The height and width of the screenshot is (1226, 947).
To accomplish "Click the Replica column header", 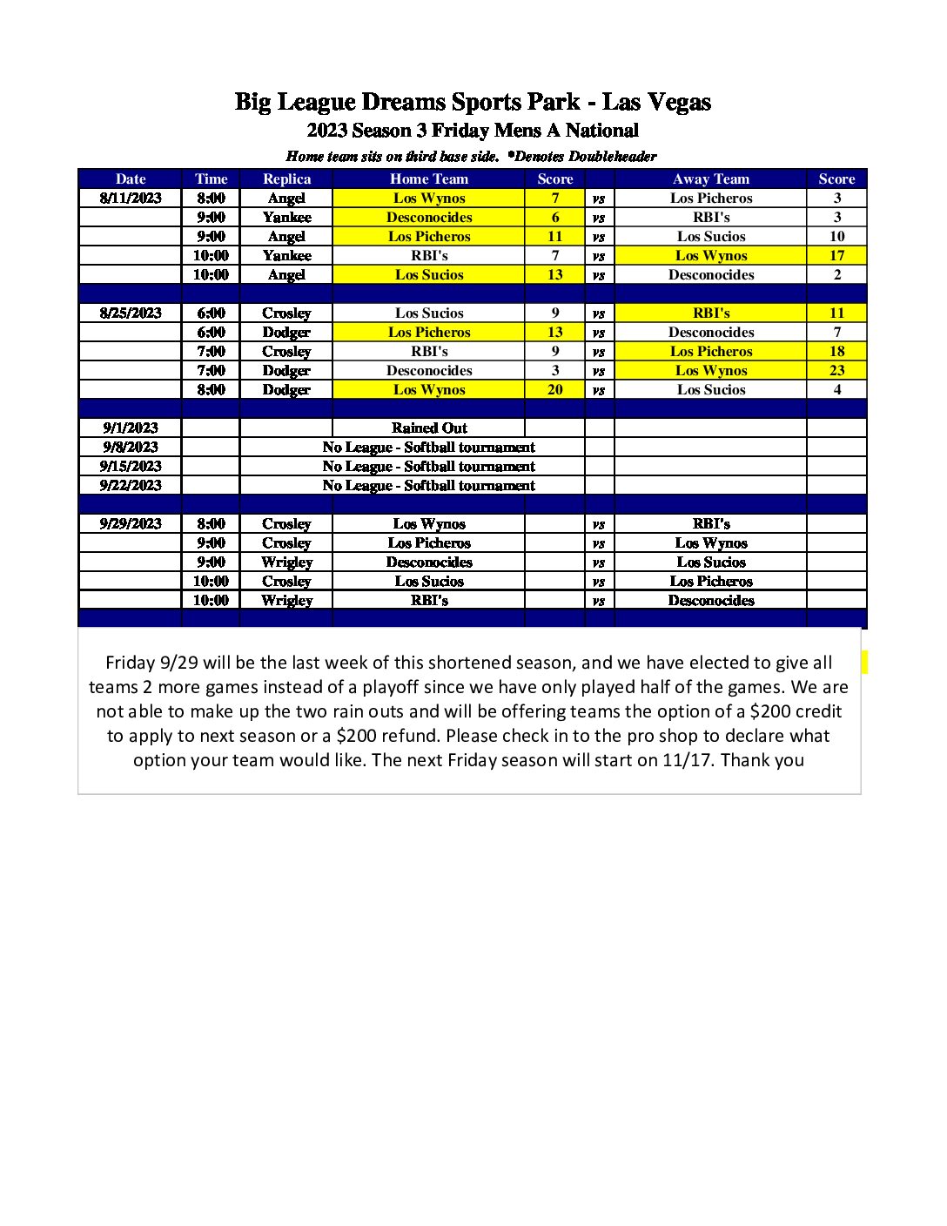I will pyautogui.click(x=286, y=179).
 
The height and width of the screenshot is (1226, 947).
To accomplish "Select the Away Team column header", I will pyautogui.click(x=710, y=179).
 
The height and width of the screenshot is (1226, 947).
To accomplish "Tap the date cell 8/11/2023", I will pyautogui.click(x=131, y=198).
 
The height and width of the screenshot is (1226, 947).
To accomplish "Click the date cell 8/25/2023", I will pyautogui.click(x=131, y=313).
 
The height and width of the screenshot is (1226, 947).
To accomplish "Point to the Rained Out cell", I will pyautogui.click(x=429, y=428).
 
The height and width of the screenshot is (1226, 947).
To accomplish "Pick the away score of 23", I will pyautogui.click(x=836, y=370).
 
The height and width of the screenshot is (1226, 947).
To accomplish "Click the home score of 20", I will pyautogui.click(x=555, y=389).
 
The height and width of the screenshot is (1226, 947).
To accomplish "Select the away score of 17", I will pyautogui.click(x=836, y=255).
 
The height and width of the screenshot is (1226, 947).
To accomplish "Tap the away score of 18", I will pyautogui.click(x=836, y=351).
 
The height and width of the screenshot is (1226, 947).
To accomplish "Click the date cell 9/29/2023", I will pyautogui.click(x=131, y=523).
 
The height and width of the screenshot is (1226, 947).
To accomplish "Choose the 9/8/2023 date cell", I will pyautogui.click(x=131, y=447).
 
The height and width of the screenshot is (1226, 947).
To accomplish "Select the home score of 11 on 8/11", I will pyautogui.click(x=555, y=236).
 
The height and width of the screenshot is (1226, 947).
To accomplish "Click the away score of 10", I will pyautogui.click(x=836, y=236).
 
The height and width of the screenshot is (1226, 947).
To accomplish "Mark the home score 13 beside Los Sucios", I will pyautogui.click(x=555, y=274).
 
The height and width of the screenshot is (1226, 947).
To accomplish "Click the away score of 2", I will pyautogui.click(x=836, y=274).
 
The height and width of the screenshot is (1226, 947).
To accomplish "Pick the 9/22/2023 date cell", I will pyautogui.click(x=131, y=485).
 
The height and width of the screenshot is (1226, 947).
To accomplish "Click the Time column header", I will pyautogui.click(x=211, y=179).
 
